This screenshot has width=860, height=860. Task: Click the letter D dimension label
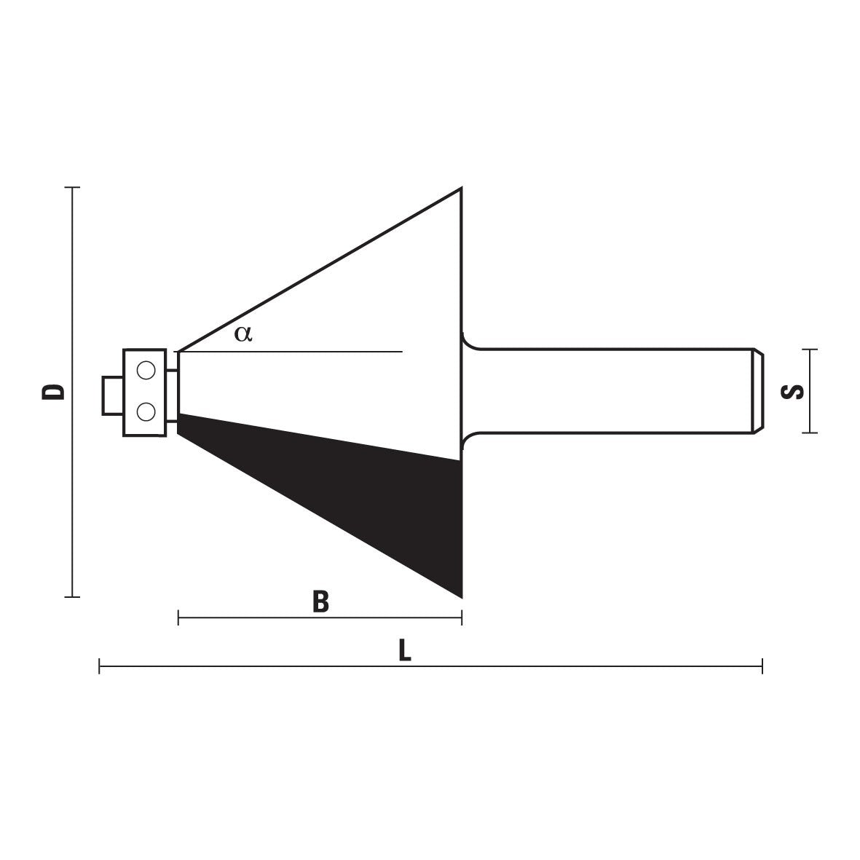click(53, 392)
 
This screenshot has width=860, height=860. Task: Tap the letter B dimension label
click(320, 601)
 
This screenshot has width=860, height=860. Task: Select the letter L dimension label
click(404, 650)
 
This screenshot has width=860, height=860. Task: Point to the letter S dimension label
click(792, 392)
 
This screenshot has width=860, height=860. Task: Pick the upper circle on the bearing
click(146, 371)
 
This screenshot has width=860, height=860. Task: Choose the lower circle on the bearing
click(146, 411)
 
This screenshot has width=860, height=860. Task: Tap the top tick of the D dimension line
click(72, 188)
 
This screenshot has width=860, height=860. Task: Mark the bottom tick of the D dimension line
click(72, 596)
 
